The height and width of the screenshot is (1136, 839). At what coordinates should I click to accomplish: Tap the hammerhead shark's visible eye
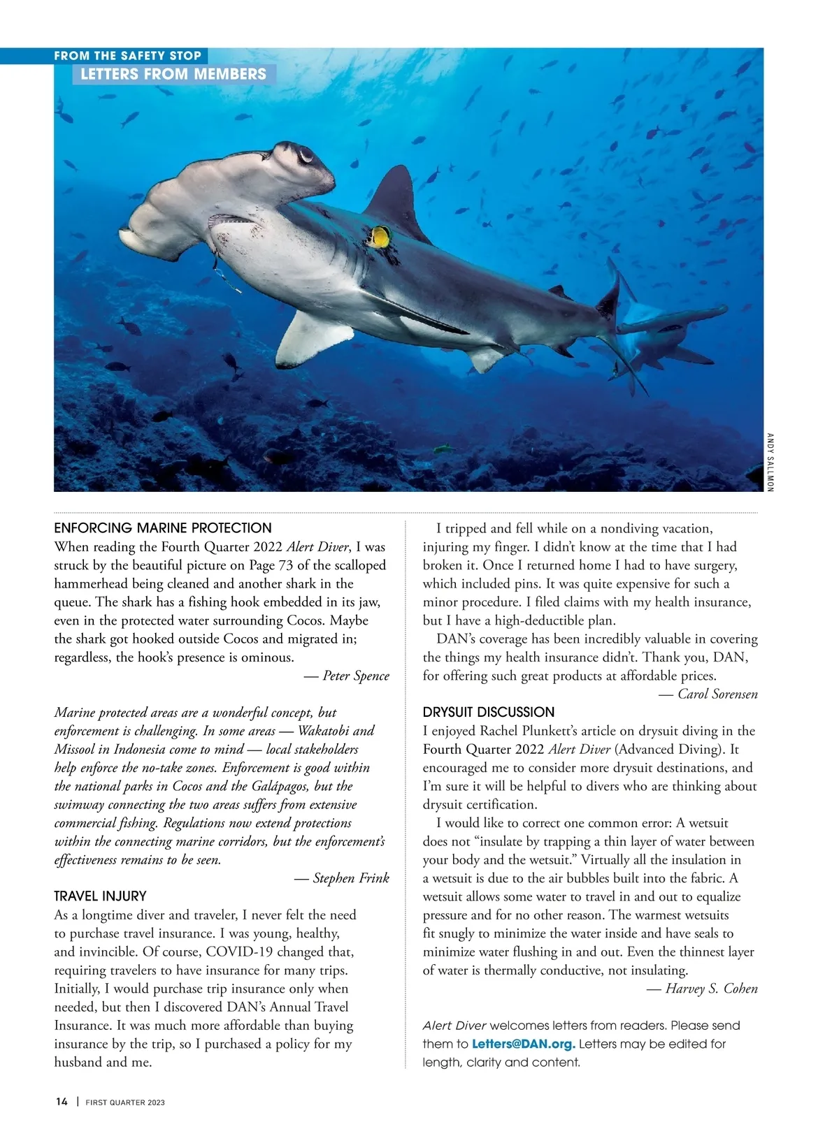pyautogui.click(x=306, y=155)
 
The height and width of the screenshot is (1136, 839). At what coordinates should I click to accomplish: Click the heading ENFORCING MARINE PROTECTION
pyautogui.click(x=163, y=528)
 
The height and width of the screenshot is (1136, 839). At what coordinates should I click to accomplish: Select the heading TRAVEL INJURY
pyautogui.click(x=100, y=896)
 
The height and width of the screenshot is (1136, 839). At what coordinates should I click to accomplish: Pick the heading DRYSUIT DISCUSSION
pyautogui.click(x=489, y=712)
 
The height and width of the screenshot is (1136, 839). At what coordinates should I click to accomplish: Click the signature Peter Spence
pyautogui.click(x=355, y=676)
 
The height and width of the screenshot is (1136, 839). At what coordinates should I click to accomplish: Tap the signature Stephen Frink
pyautogui.click(x=350, y=878)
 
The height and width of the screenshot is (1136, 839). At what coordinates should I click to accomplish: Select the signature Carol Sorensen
pyautogui.click(x=717, y=694)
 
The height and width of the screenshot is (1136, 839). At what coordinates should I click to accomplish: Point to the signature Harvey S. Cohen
pyautogui.click(x=711, y=989)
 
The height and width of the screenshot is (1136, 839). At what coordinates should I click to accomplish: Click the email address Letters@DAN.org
pyautogui.click(x=524, y=1044)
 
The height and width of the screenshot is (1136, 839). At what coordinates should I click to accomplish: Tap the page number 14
pyautogui.click(x=62, y=1102)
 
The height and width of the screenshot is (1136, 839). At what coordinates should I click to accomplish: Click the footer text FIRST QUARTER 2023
pyautogui.click(x=125, y=1102)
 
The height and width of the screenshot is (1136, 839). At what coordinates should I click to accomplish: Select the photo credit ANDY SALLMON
pyautogui.click(x=770, y=462)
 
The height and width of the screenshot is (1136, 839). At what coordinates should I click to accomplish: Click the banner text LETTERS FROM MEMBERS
pyautogui.click(x=173, y=74)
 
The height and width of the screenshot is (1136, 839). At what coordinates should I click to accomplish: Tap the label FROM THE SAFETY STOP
pyautogui.click(x=128, y=56)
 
